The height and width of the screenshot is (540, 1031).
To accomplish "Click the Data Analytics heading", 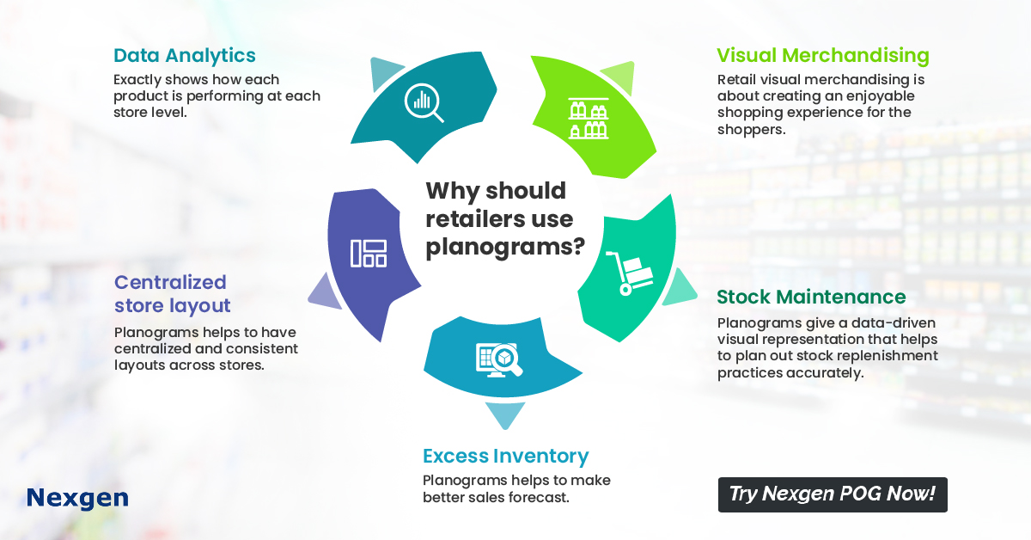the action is pos(184,56).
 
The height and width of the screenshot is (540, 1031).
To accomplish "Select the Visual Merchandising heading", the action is pos(823,56).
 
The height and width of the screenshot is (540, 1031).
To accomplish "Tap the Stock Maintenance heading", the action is pos(811,298).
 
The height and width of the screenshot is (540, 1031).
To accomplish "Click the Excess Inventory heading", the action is pos(506,457).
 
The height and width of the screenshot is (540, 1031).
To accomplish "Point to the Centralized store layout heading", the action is pos(172,294).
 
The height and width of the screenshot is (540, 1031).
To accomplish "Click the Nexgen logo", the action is pos(77,499).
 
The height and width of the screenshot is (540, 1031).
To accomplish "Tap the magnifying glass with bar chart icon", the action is pos(424,102).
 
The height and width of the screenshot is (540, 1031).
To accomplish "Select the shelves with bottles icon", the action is pos(589,119).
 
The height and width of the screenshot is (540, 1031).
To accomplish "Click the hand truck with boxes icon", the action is pos(630,273).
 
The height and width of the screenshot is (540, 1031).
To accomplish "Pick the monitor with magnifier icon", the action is pos(499,359).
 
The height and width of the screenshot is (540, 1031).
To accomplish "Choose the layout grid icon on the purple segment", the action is pos(369,254).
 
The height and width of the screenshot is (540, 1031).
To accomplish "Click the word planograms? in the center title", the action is pos(505,248).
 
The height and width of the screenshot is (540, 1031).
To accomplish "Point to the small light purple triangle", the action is pos(326,292).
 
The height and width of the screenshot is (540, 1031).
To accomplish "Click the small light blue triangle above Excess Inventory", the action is pos(505,414).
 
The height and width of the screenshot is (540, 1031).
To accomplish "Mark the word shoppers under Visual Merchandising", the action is pos(751,130).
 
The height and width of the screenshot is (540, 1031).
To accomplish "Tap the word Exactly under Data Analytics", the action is pos(137,80).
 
